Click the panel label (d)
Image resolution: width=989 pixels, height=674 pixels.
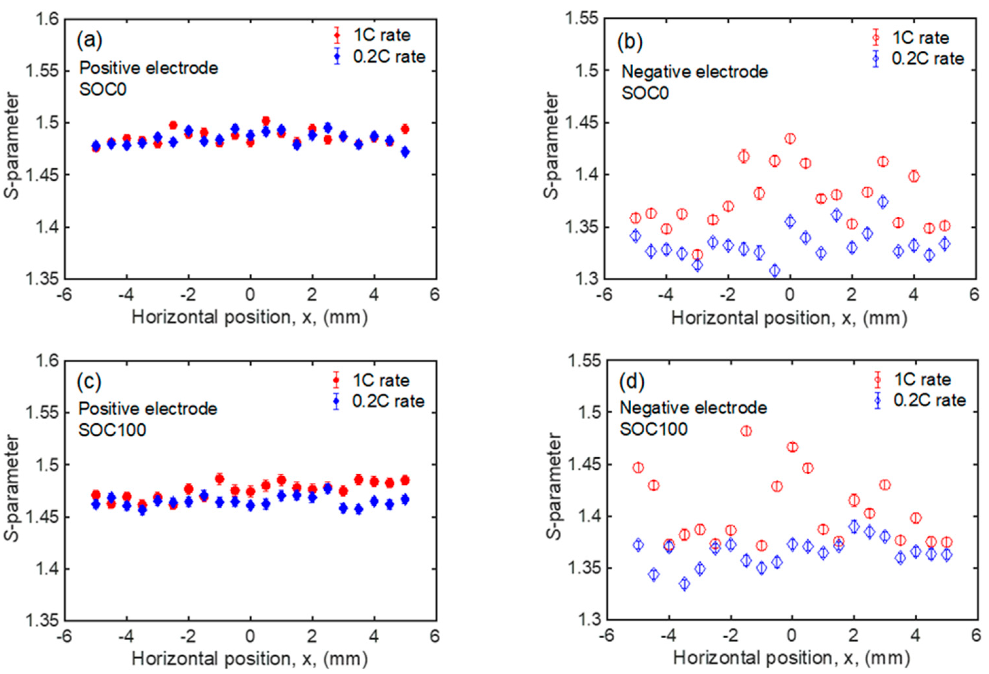click(632, 382)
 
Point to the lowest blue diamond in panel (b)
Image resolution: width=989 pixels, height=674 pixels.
click(775, 270)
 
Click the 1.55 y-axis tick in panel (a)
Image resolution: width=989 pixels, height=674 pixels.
click(43, 71)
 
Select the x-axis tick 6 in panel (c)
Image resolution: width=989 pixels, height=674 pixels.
click(435, 636)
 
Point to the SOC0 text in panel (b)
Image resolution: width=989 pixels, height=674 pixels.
click(645, 92)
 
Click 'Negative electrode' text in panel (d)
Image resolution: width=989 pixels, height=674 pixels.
click(693, 408)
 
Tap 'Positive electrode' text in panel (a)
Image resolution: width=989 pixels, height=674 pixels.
click(149, 68)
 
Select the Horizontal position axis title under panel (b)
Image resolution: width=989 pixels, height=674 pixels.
click(789, 318)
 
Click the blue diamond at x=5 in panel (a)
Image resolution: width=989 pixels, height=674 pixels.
click(405, 152)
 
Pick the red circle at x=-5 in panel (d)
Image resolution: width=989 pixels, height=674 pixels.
click(638, 467)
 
